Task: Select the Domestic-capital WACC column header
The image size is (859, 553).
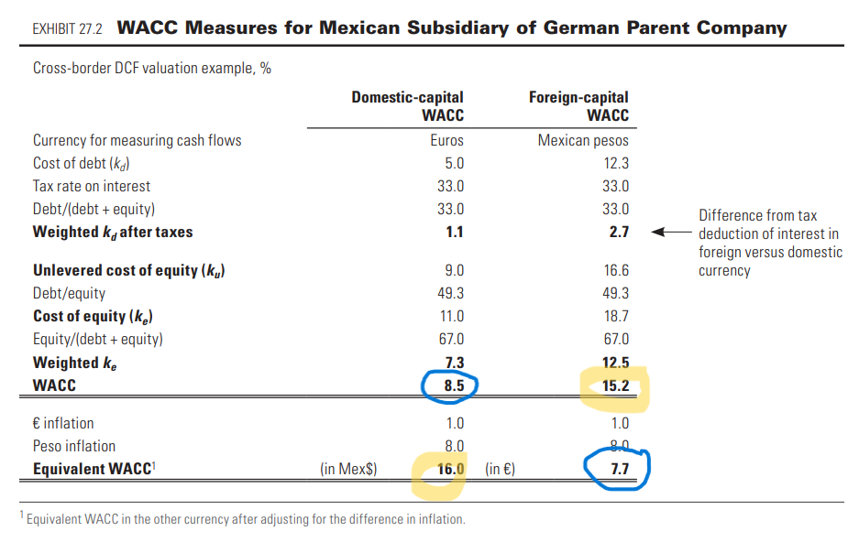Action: pos(408,105)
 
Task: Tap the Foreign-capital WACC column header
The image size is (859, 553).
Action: pos(579,105)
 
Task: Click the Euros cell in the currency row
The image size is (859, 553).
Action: pos(446,140)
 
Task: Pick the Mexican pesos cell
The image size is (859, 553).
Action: pos(583,140)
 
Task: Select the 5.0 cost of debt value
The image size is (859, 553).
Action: pos(454,163)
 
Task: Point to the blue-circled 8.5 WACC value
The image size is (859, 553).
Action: pos(453,385)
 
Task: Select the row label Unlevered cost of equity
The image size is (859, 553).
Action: pos(129,270)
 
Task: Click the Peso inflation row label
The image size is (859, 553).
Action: pos(74,446)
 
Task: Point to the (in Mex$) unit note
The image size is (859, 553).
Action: pos(348,469)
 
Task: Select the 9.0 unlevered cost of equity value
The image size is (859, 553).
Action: pos(454,270)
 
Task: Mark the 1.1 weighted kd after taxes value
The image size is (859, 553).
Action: pos(455,232)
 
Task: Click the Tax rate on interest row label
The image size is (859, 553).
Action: pos(92,186)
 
